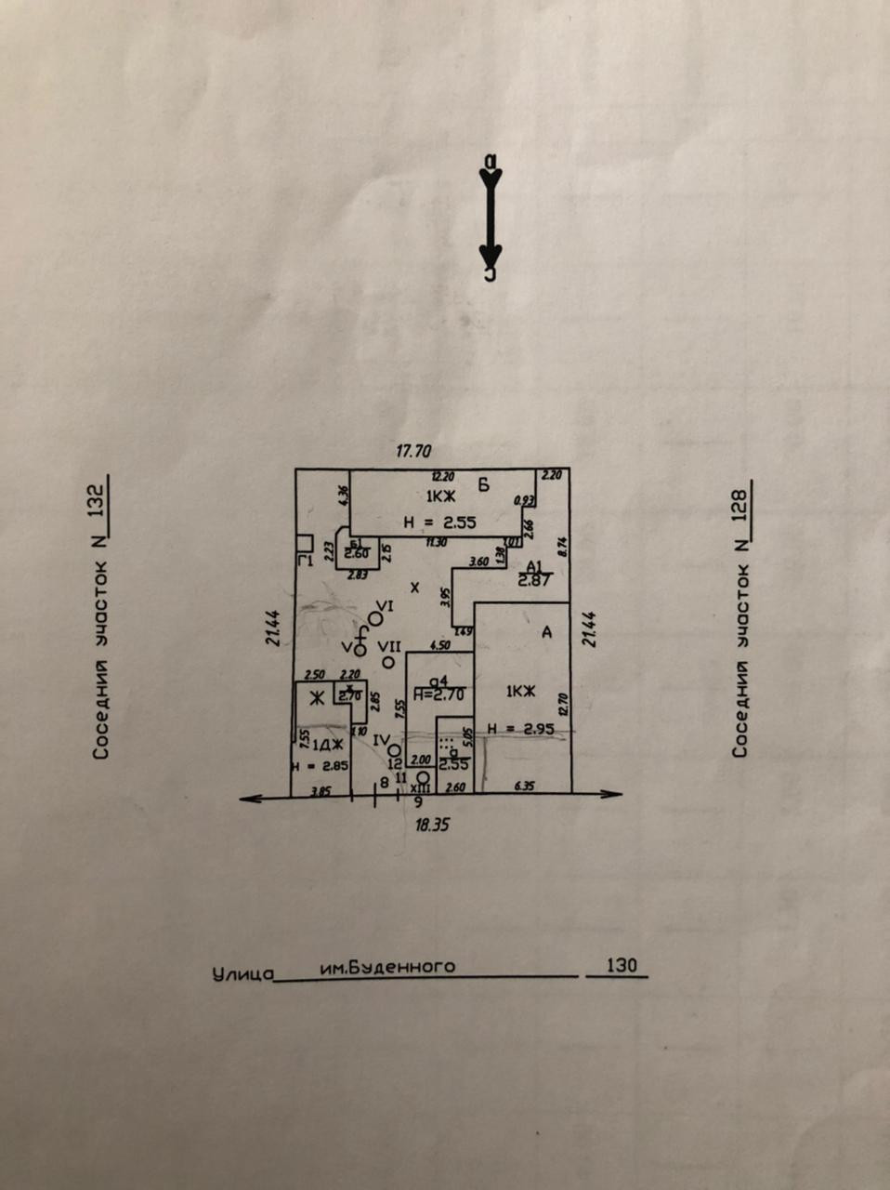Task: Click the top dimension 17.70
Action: coord(414,453)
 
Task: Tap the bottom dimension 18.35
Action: coord(432,824)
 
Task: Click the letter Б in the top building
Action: coord(484,483)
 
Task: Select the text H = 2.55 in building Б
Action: coord(440,523)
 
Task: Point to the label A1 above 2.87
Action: coord(533,566)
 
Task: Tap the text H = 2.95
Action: coord(520,729)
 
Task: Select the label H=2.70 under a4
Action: coord(438,693)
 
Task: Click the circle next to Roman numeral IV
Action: coord(395,749)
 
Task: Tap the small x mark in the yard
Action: coord(415,588)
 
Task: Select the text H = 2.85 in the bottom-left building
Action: coord(319,767)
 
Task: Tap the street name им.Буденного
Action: coord(387,967)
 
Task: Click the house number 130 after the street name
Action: coord(621,965)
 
